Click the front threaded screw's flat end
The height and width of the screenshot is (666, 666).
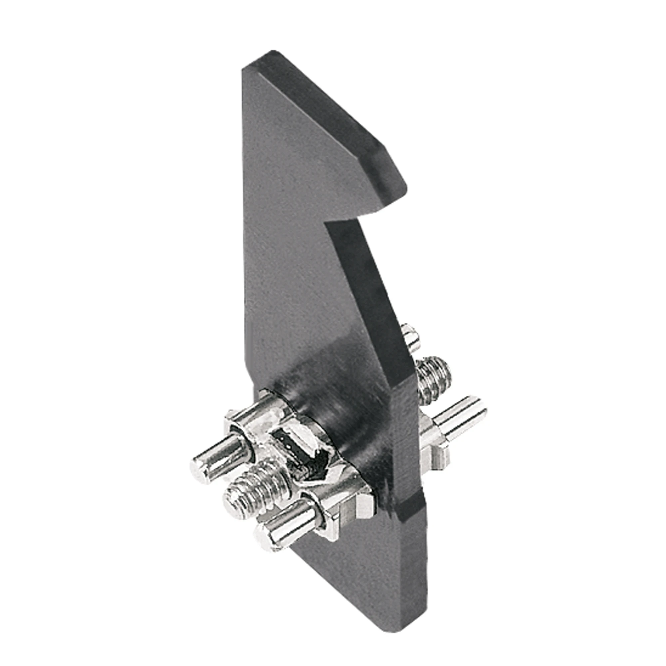[x=235, y=501]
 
